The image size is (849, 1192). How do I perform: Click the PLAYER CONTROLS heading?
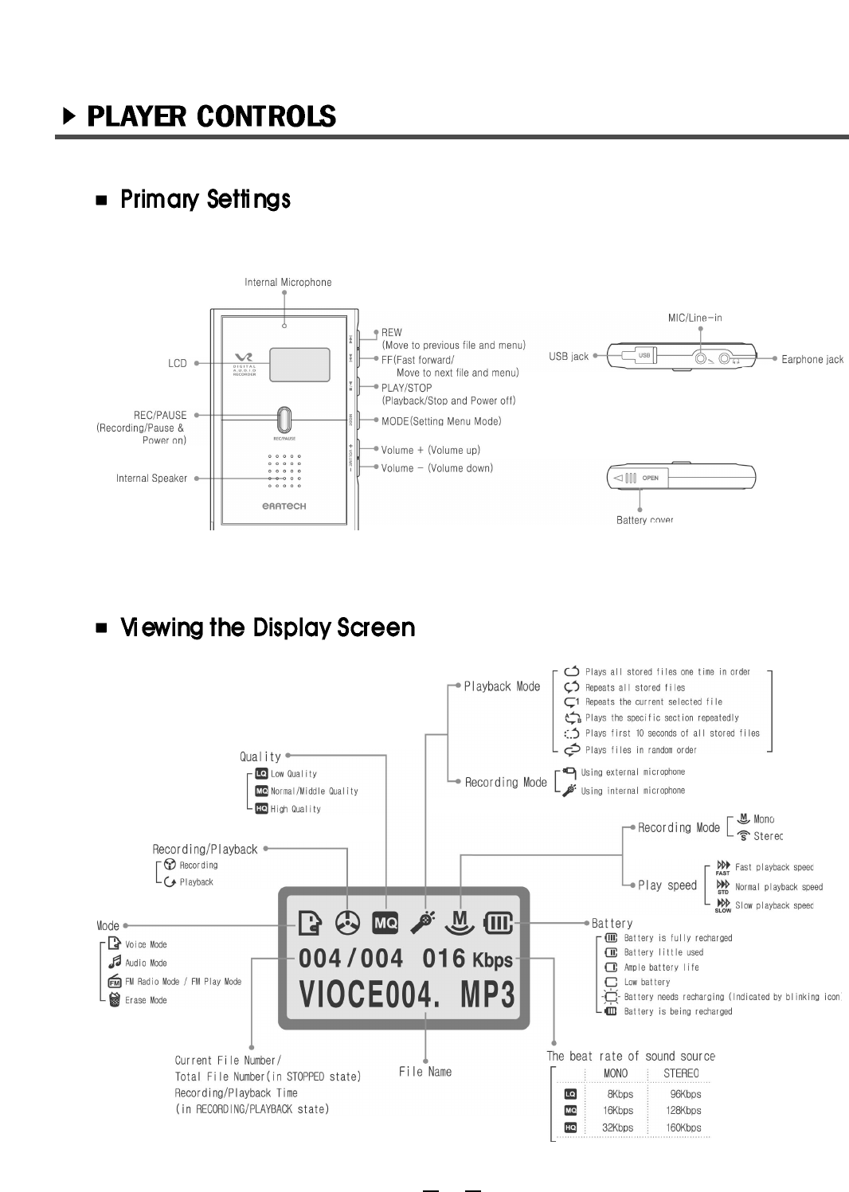click(211, 116)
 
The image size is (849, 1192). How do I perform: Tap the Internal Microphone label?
click(288, 282)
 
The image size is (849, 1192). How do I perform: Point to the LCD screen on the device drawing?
click(299, 365)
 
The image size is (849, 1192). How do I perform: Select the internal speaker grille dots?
click(284, 471)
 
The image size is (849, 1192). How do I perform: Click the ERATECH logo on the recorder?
click(284, 506)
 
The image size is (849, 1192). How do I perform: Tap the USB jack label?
click(568, 356)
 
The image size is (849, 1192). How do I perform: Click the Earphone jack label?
click(812, 359)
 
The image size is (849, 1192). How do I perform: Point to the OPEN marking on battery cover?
click(651, 478)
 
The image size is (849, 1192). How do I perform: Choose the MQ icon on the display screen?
click(385, 923)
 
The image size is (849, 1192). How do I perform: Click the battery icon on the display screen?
click(500, 924)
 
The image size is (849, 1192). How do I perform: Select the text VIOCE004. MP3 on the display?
click(407, 995)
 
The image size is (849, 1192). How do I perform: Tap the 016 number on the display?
click(444, 959)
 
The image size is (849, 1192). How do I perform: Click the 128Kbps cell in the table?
click(683, 1110)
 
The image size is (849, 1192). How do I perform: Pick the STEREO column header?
click(681, 1073)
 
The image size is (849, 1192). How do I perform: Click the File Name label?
click(425, 1072)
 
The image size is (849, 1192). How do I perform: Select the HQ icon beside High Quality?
click(261, 808)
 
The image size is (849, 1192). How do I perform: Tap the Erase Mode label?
click(146, 1000)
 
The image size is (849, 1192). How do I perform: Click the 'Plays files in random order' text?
click(640, 749)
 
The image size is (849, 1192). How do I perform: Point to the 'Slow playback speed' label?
click(773, 905)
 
